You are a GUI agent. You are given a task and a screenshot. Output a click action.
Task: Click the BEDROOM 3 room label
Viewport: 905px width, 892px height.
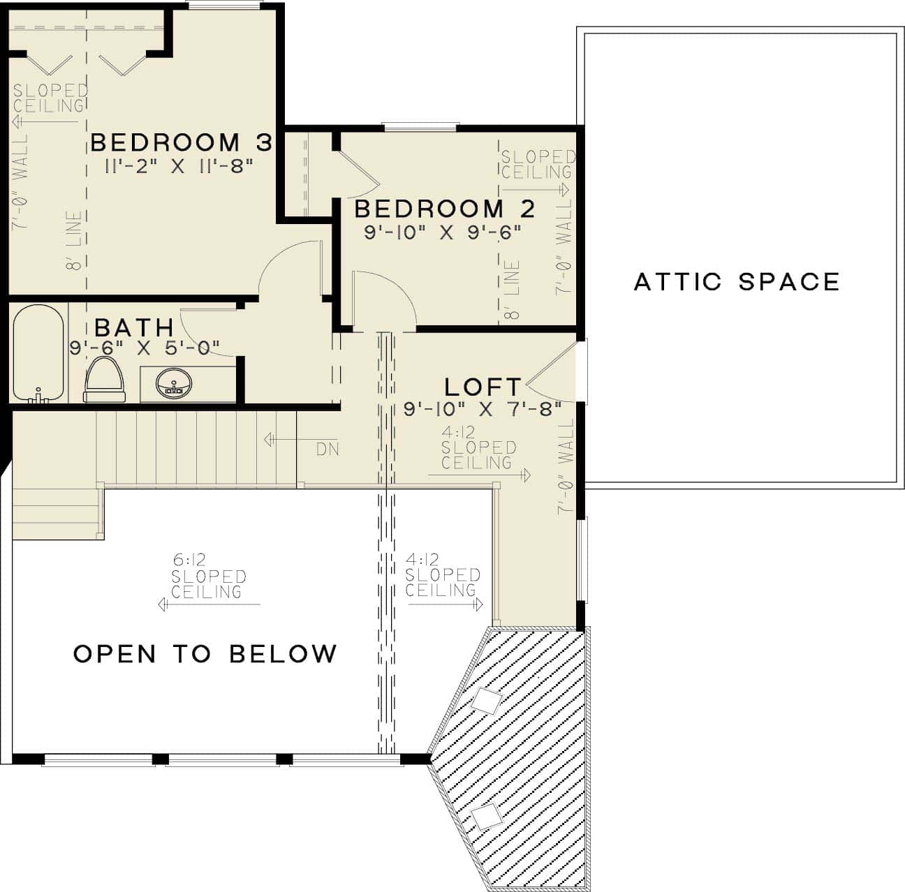[x=181, y=142]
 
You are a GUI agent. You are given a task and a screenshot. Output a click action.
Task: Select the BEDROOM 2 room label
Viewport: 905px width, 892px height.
[x=445, y=209]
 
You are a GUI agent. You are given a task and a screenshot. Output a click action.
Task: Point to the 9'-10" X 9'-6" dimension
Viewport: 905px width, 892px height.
[x=443, y=232]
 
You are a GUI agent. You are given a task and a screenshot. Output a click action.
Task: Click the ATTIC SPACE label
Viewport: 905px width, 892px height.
[x=737, y=282]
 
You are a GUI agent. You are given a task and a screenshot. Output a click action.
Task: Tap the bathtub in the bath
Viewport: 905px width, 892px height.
[x=38, y=355]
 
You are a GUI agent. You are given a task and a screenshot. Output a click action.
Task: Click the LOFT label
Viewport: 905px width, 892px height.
[x=483, y=387]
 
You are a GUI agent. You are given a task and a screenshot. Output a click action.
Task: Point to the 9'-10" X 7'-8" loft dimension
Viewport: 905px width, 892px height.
[x=483, y=410]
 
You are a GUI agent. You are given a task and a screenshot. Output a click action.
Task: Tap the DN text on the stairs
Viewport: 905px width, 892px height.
[x=328, y=449]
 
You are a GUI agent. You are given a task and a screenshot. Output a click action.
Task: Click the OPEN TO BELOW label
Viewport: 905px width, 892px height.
[x=205, y=654]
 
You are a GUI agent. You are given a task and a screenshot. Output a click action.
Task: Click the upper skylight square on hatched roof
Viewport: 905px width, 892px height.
[x=486, y=701]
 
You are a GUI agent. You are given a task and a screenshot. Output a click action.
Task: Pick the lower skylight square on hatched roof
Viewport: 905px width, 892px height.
[x=486, y=816]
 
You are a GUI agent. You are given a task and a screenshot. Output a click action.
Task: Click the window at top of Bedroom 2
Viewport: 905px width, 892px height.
[x=420, y=127]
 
